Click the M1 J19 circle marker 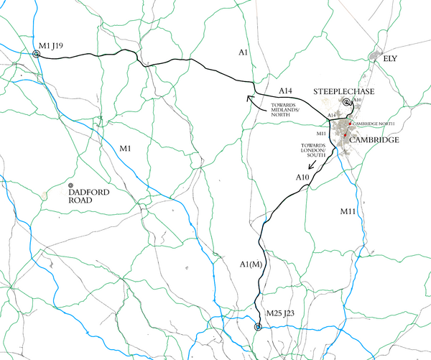coord(37,54)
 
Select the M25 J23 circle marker coord(259,328)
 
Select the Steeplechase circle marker coord(346,103)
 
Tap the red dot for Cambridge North coord(349,124)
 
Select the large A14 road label coord(287,91)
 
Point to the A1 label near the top coord(243,53)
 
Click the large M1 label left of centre coord(126,148)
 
